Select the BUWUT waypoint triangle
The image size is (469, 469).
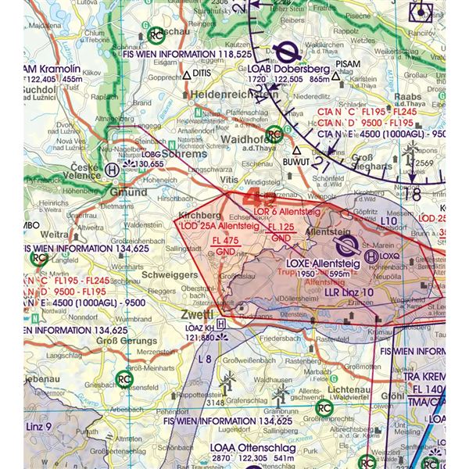(296, 150)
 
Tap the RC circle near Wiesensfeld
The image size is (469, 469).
(124, 378)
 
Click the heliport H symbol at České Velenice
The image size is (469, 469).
(113, 168)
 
